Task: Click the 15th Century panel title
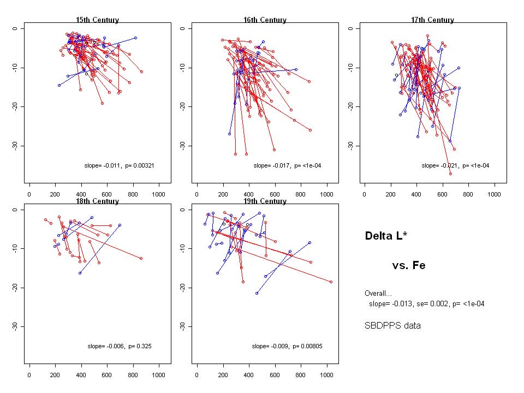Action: [97, 20]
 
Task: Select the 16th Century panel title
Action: [265, 20]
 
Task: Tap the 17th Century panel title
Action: [432, 20]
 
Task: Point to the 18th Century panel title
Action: [97, 201]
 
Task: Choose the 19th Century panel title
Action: [265, 201]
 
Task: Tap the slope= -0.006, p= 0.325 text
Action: [123, 346]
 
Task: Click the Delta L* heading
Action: [386, 236]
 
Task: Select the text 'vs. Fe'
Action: [408, 266]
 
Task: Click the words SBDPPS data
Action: [392, 326]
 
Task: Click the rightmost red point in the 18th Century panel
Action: [141, 258]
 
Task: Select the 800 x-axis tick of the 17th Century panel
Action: [469, 194]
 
